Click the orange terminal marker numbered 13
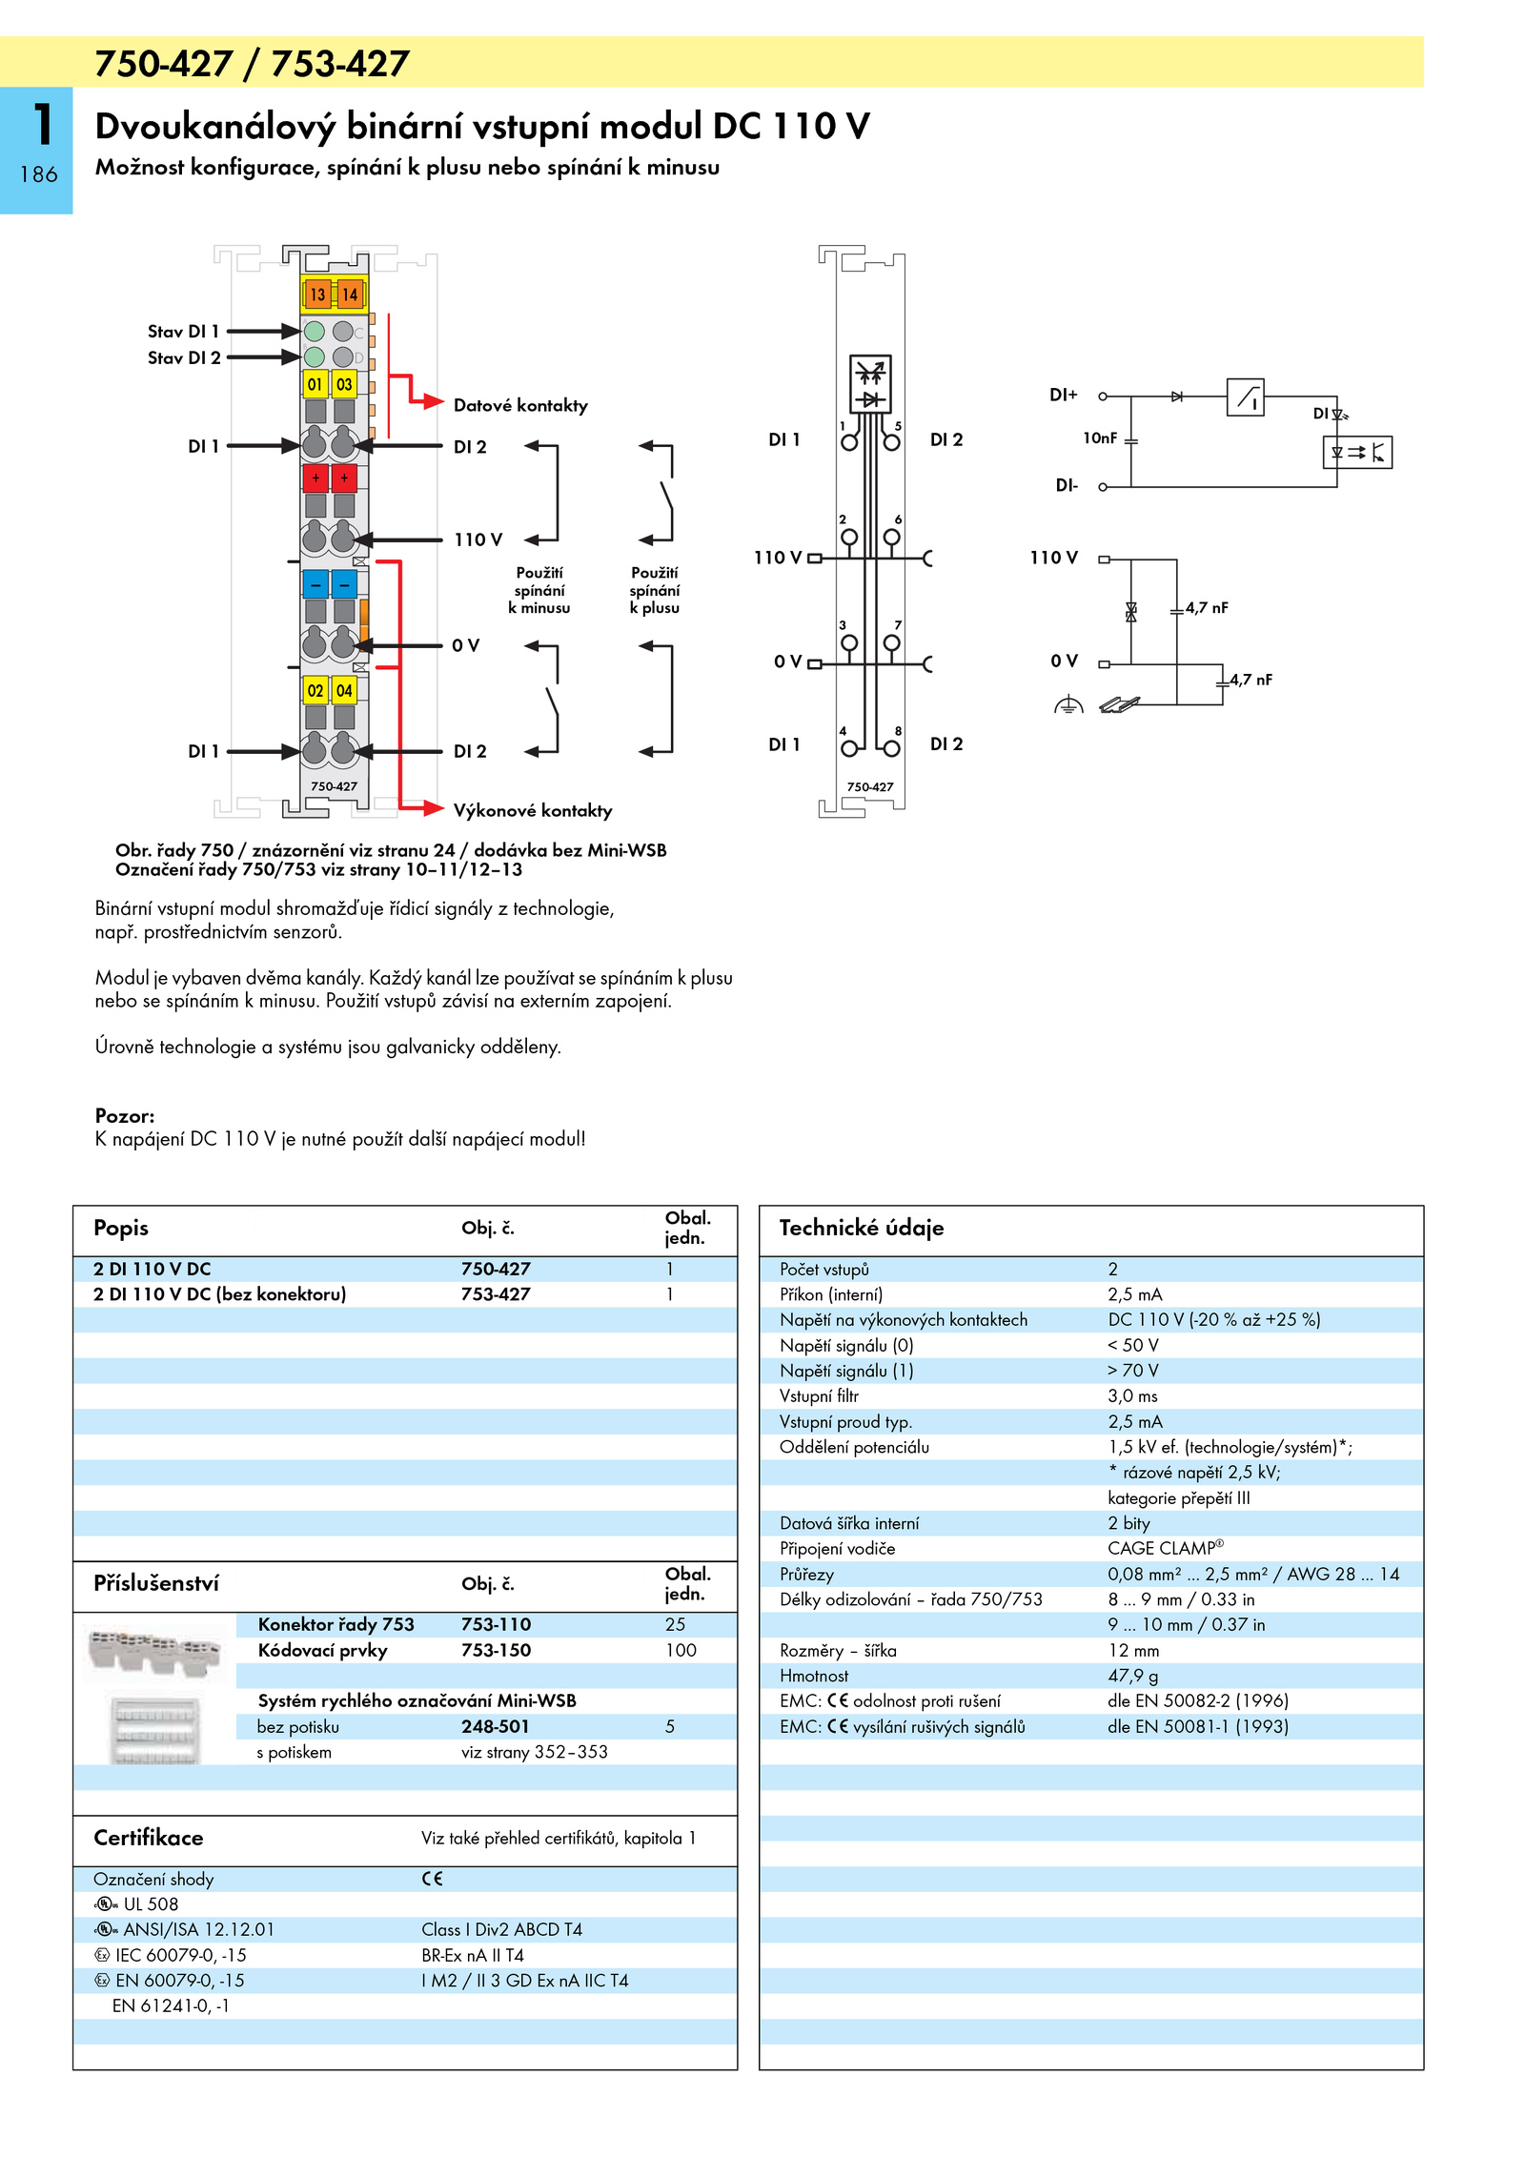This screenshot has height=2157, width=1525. click(x=317, y=295)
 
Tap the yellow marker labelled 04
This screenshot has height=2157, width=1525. click(x=344, y=690)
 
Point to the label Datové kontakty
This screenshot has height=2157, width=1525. click(x=520, y=405)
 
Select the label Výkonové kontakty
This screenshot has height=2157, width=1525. click(x=533, y=810)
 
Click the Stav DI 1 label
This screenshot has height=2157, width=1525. click(x=183, y=332)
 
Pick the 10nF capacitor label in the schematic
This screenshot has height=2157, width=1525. click(x=1100, y=438)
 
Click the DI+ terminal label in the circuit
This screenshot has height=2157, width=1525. click(x=1064, y=395)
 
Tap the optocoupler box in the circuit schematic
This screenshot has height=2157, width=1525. click(x=1357, y=452)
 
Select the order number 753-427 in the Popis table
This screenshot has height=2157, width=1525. click(x=496, y=1293)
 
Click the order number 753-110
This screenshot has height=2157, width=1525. click(x=496, y=1624)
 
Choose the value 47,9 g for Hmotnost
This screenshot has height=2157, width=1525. click(x=1133, y=1676)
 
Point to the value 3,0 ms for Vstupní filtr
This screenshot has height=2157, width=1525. click(x=1132, y=1395)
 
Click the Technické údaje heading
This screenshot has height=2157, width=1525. click(x=862, y=1228)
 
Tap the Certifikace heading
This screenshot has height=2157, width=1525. click(x=149, y=1838)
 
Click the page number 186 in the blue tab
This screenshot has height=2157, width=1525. click(x=38, y=174)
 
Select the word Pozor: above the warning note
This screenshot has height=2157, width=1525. click(x=125, y=1115)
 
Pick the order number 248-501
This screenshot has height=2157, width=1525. click(x=496, y=1726)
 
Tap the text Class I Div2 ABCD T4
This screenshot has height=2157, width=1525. click(x=501, y=1929)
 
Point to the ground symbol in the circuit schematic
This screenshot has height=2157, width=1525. click(x=1068, y=705)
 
